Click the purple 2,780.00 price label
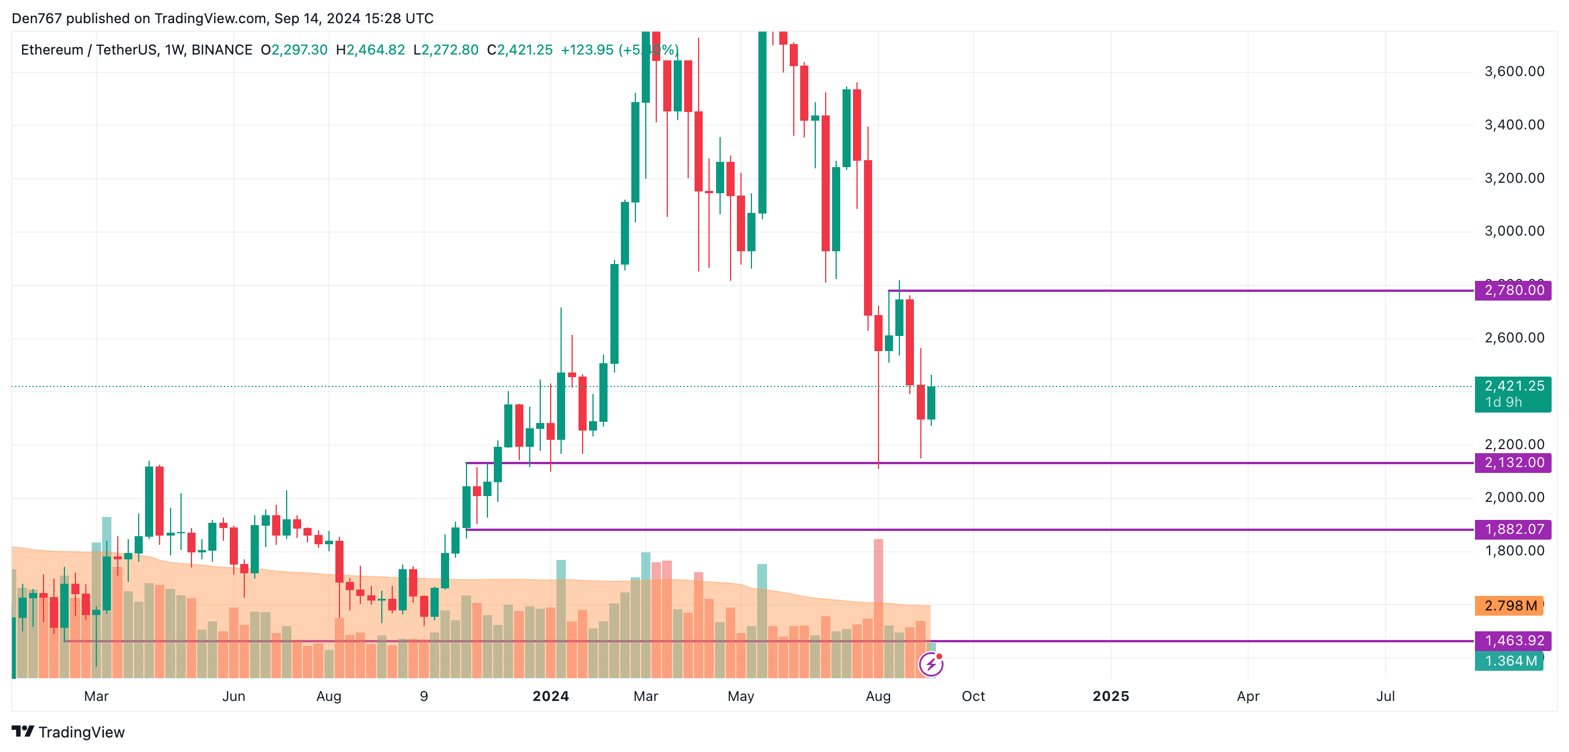click(1513, 291)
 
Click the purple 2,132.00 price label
click(1513, 463)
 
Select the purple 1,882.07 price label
click(1513, 529)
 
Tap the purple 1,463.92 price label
click(1513, 641)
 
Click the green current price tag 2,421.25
click(1513, 386)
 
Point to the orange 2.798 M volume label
click(1509, 606)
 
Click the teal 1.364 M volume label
click(1509, 661)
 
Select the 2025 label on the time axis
click(1111, 696)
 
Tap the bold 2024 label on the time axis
click(551, 696)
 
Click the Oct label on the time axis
click(973, 696)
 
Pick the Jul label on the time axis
click(1385, 696)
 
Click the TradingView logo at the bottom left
click(68, 732)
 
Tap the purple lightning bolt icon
click(931, 664)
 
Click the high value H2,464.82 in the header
click(370, 50)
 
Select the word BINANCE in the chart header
click(222, 50)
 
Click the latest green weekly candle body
click(931, 403)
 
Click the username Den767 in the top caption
click(37, 18)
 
